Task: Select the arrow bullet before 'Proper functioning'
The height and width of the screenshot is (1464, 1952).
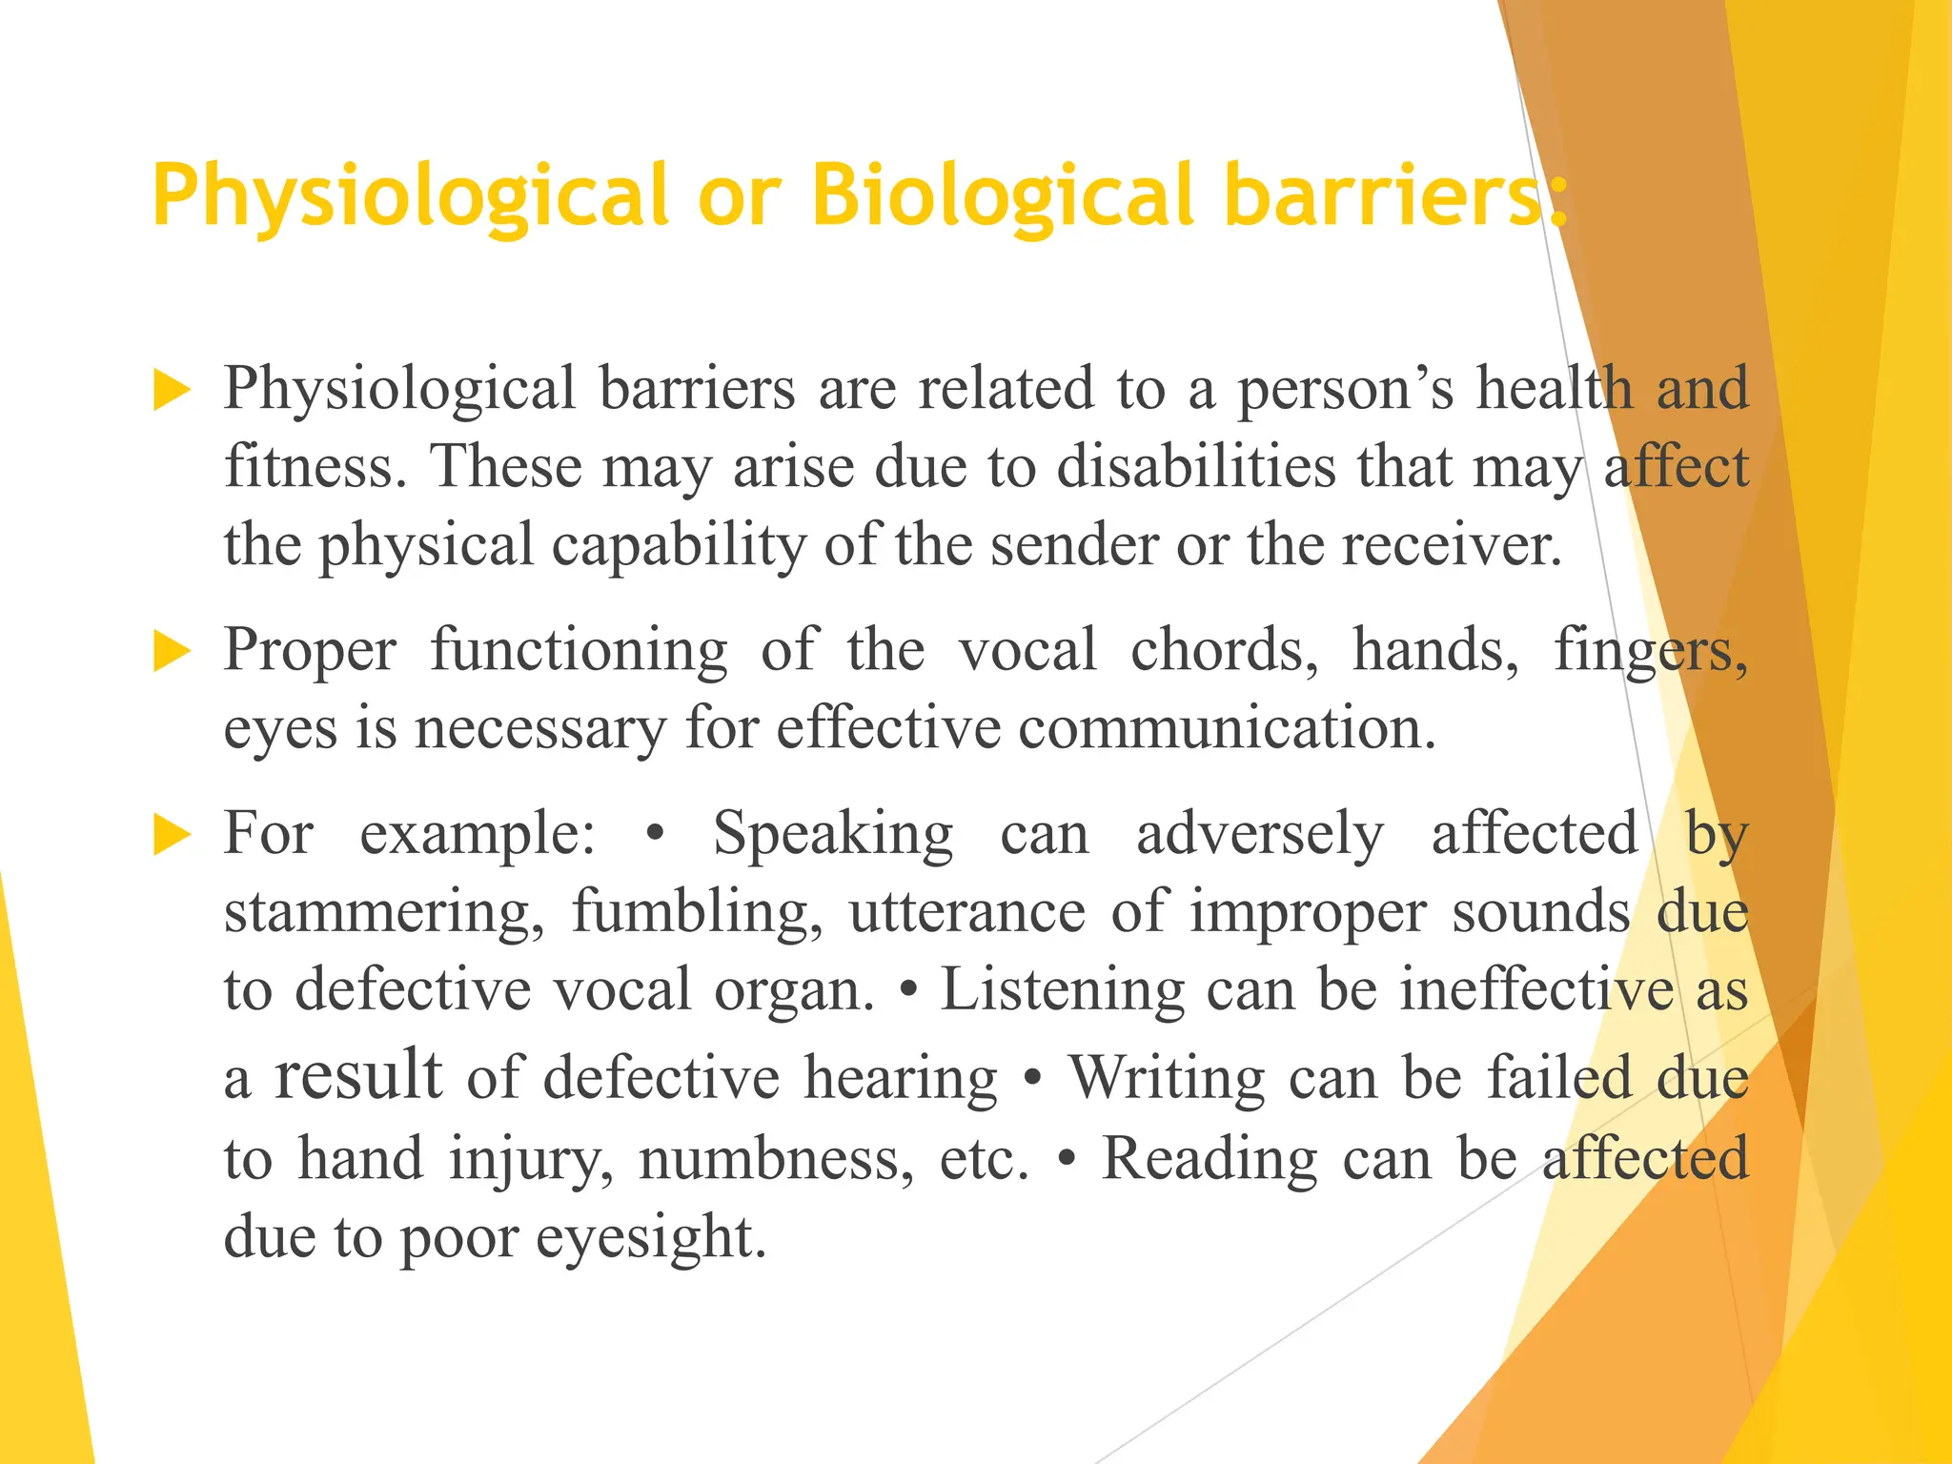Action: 172,653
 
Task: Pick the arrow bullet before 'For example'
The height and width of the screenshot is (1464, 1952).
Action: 172,836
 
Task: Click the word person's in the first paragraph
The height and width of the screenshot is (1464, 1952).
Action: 1345,390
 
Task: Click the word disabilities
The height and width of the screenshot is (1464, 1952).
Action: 1196,468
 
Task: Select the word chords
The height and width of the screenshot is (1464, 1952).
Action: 1224,651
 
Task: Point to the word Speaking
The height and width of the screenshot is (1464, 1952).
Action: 832,835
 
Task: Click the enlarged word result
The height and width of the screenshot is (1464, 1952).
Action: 358,1075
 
